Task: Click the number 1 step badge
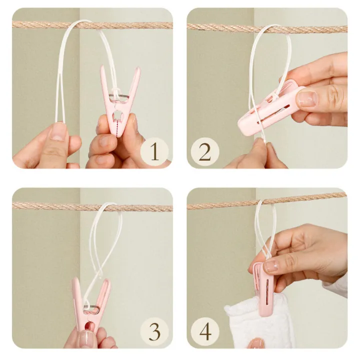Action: point(154,150)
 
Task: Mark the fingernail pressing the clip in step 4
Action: point(271,266)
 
